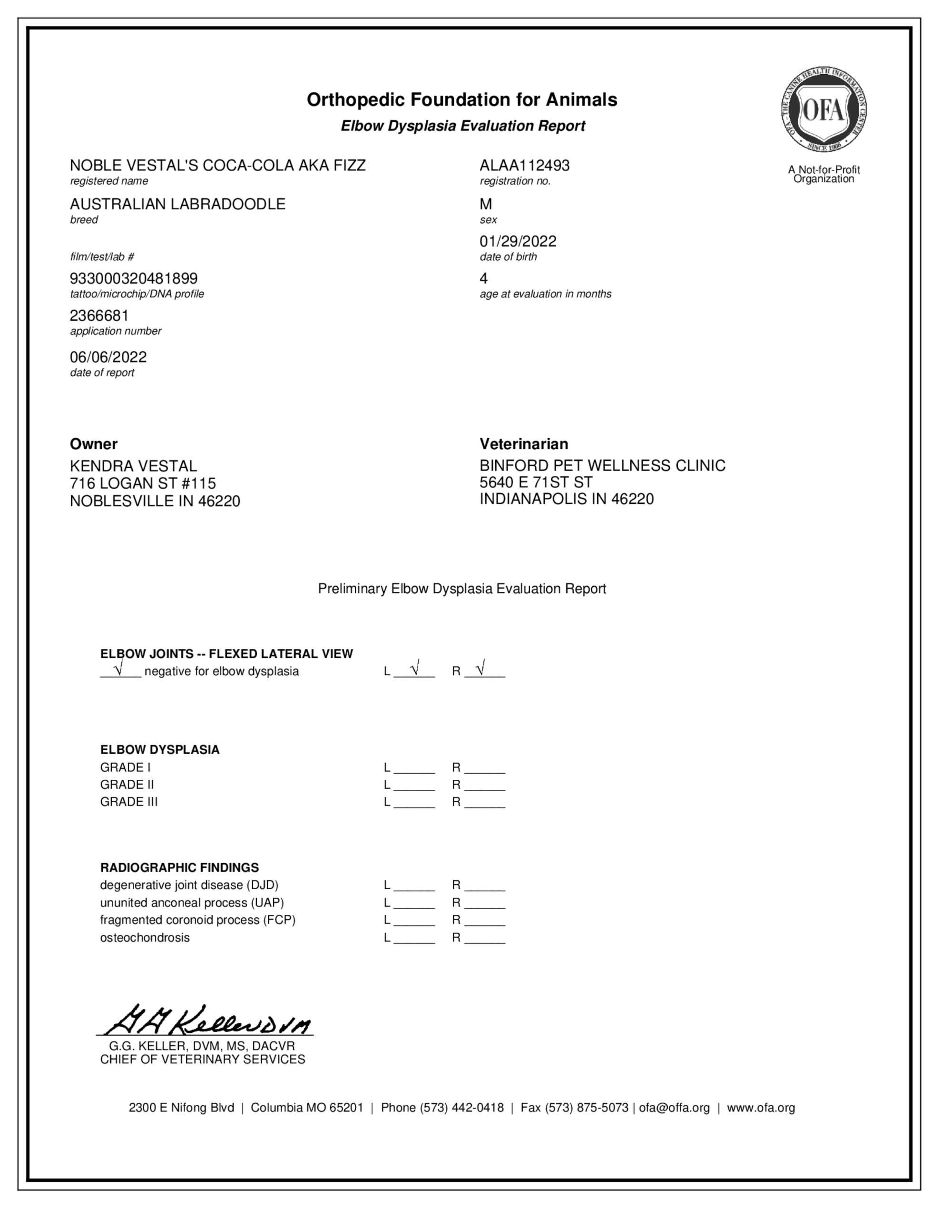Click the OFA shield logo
point(823,109)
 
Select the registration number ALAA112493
point(524,166)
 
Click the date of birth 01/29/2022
point(518,242)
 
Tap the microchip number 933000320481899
point(133,278)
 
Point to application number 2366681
point(99,315)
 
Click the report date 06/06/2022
point(108,357)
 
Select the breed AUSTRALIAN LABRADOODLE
point(177,204)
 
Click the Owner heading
point(94,444)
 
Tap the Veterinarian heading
point(524,444)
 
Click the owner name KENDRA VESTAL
point(133,466)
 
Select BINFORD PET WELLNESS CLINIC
point(602,466)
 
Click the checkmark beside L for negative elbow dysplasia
point(414,668)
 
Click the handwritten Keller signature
point(206,1020)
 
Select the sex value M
point(486,204)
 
